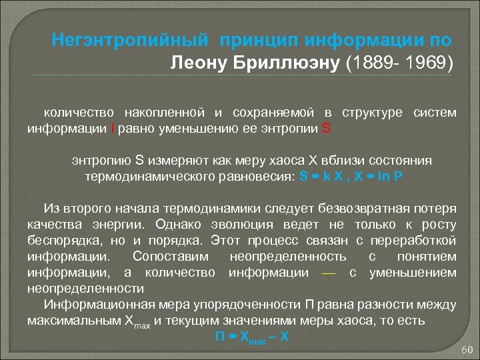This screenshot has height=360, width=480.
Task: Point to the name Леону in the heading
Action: pyautogui.click(x=197, y=63)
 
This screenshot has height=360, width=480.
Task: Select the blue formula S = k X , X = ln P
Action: pyautogui.click(x=351, y=177)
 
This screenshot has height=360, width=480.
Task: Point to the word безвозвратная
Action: pyautogui.click(x=370, y=208)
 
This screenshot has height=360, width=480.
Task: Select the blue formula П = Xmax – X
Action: pyautogui.click(x=251, y=337)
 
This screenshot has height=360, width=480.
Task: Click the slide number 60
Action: pyautogui.click(x=466, y=350)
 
